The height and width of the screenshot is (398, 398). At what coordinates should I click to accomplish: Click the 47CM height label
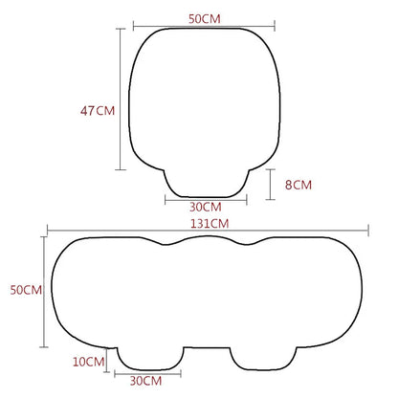click(97, 110)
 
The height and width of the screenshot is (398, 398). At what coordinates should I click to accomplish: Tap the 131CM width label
click(210, 222)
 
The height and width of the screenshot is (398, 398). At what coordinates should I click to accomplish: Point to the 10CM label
click(88, 361)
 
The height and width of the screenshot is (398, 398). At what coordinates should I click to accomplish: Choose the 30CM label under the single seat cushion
click(206, 207)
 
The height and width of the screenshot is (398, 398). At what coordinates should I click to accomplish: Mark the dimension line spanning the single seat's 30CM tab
click(206, 198)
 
